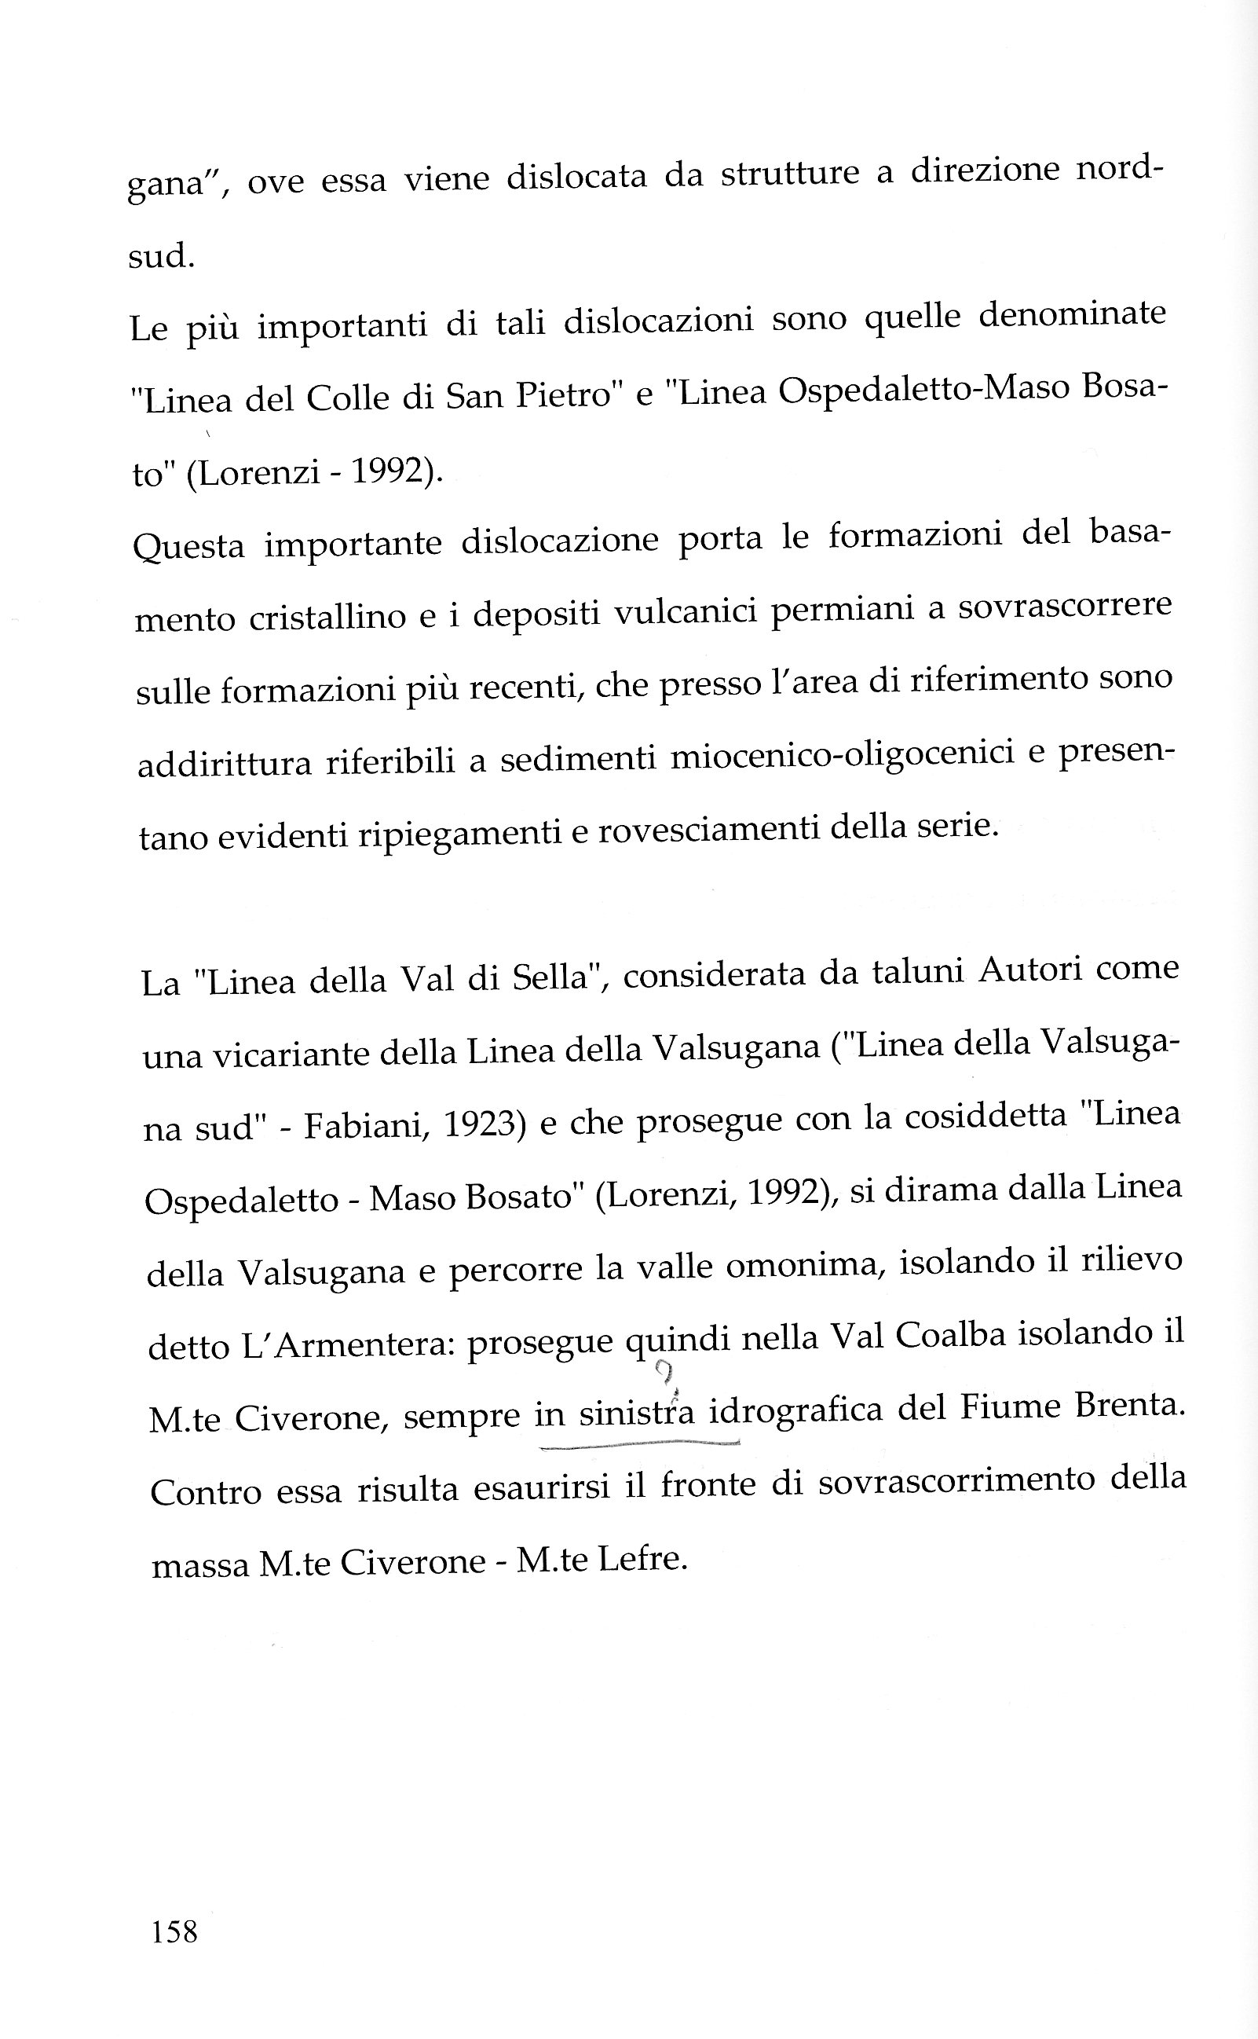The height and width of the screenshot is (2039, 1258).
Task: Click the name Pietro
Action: [563, 395]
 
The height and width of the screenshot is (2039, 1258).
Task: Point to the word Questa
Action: [189, 547]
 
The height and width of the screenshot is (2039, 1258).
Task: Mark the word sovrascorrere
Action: [1065, 606]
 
